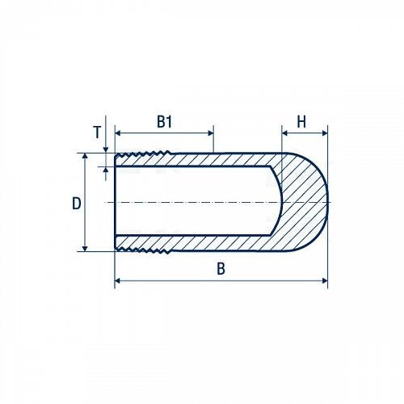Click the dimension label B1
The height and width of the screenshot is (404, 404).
pyautogui.click(x=164, y=122)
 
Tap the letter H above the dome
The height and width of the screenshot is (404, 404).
pyautogui.click(x=301, y=122)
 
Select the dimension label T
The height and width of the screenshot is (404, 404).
pyautogui.click(x=97, y=133)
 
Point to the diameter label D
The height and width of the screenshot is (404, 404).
pyautogui.click(x=77, y=204)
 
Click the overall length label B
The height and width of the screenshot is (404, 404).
pyautogui.click(x=221, y=268)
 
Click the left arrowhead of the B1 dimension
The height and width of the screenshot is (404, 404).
pyautogui.click(x=118, y=133)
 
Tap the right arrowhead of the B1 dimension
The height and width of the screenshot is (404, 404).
pyautogui.click(x=211, y=133)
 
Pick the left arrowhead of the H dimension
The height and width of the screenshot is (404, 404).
pyautogui.click(x=284, y=133)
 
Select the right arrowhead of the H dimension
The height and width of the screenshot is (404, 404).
pyautogui.click(x=325, y=133)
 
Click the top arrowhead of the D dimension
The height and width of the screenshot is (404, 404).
pyautogui.click(x=85, y=157)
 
